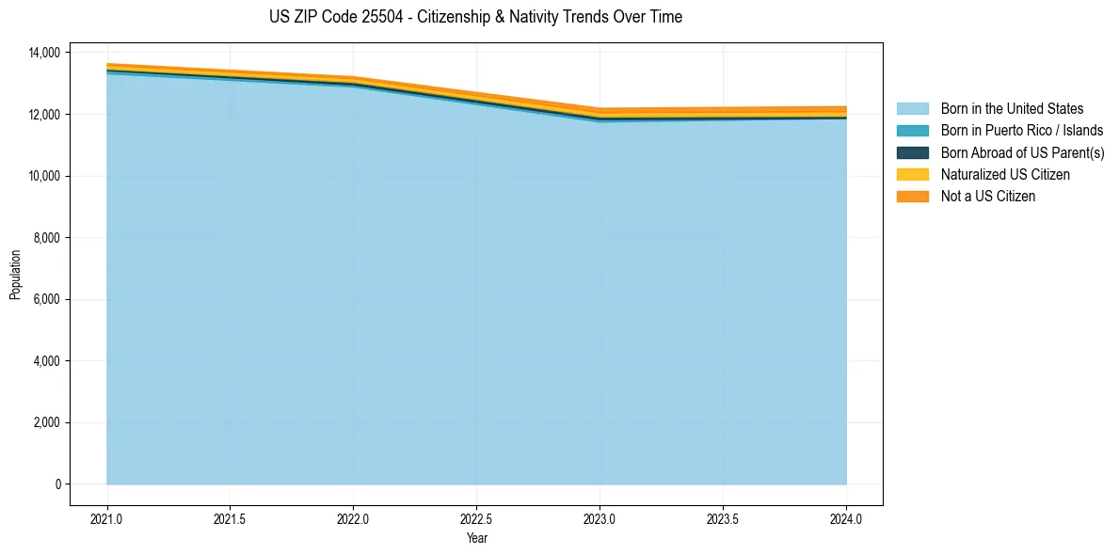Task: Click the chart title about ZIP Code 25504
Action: pyautogui.click(x=475, y=17)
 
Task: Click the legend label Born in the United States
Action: pyautogui.click(x=1012, y=109)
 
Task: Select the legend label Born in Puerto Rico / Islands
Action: pyautogui.click(x=1021, y=131)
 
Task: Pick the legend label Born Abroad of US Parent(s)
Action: pyautogui.click(x=1022, y=152)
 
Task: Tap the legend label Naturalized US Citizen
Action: pyautogui.click(x=1005, y=175)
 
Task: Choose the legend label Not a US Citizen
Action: pyautogui.click(x=987, y=197)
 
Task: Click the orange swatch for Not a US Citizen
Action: pyautogui.click(x=912, y=197)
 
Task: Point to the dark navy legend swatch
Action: pyautogui.click(x=912, y=152)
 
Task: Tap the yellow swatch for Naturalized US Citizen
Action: pyautogui.click(x=912, y=175)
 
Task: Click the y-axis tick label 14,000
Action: pyautogui.click(x=44, y=52)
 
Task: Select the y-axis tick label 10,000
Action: pyautogui.click(x=44, y=176)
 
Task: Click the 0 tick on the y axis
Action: pyautogui.click(x=57, y=484)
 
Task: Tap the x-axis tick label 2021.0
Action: pyautogui.click(x=107, y=518)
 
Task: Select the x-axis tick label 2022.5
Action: pyautogui.click(x=476, y=518)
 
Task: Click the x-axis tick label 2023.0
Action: pyautogui.click(x=599, y=518)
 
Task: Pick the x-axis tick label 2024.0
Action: pyautogui.click(x=846, y=518)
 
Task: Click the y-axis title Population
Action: pyautogui.click(x=15, y=275)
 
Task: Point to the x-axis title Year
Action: pyautogui.click(x=476, y=538)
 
